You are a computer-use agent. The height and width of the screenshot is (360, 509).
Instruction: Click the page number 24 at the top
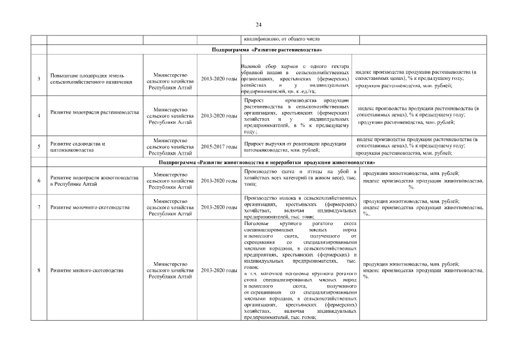coord(258,25)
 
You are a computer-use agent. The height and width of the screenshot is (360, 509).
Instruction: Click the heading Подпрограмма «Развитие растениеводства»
coord(267,50)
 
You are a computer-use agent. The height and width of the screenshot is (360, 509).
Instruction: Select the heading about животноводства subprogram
coord(267,162)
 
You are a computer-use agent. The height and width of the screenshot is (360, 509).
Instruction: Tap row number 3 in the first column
coord(38,78)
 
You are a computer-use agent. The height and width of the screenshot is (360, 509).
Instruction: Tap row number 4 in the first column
coord(38,115)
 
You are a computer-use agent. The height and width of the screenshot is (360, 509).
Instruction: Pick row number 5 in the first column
coord(38,147)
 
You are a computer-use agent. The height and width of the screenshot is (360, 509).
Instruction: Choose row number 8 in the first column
coord(38,271)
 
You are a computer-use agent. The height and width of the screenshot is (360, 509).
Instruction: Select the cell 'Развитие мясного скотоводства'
coord(87,271)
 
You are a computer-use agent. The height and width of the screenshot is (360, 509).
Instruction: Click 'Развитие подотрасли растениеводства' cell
coord(94,112)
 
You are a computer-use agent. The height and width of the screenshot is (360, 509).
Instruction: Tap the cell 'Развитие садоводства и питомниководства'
coord(79,147)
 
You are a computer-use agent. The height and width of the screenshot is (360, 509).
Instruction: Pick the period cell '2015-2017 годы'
coord(219,147)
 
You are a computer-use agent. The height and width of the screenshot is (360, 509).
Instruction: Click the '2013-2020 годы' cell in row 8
coord(219,271)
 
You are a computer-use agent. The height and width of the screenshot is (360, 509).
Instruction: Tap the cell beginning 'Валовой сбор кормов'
coord(299,78)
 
